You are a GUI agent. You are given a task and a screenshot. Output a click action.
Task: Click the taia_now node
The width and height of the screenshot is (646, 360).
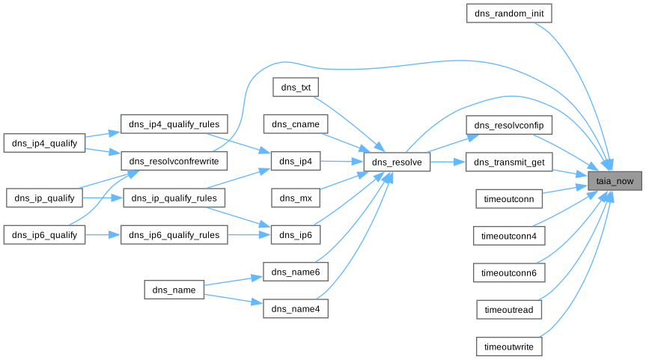click(x=615, y=180)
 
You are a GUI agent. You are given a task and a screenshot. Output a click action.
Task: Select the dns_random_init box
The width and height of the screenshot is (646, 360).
click(x=508, y=13)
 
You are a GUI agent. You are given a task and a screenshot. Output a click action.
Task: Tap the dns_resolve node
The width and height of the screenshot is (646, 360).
click(x=397, y=162)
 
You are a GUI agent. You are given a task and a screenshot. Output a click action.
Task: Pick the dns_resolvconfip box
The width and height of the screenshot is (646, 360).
click(x=509, y=124)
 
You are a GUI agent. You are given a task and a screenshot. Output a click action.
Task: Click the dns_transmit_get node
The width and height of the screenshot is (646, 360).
click(x=509, y=162)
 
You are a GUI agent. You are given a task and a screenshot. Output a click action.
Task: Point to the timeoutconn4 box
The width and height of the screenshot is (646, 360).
click(x=509, y=236)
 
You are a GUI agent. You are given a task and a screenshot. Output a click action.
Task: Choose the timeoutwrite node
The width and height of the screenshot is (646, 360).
click(x=509, y=347)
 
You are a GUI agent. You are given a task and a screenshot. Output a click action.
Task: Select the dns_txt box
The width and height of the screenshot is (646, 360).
click(x=295, y=88)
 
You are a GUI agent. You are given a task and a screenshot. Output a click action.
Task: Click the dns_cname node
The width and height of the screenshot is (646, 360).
click(x=295, y=124)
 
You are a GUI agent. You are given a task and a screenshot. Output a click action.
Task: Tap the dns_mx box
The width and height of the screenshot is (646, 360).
click(x=295, y=198)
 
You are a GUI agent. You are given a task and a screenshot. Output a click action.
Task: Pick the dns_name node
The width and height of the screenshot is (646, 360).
click(x=174, y=290)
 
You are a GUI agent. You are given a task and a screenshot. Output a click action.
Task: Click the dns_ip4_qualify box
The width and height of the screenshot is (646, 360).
click(x=45, y=143)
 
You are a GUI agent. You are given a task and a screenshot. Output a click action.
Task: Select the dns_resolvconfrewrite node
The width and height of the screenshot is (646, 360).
click(x=174, y=162)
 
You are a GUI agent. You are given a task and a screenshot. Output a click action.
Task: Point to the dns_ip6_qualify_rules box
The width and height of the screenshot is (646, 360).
click(x=174, y=235)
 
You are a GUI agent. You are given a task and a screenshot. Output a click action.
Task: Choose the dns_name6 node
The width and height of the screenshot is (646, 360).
click(x=295, y=272)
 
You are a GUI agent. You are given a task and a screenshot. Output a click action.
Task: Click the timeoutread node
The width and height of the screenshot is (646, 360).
click(x=509, y=310)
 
